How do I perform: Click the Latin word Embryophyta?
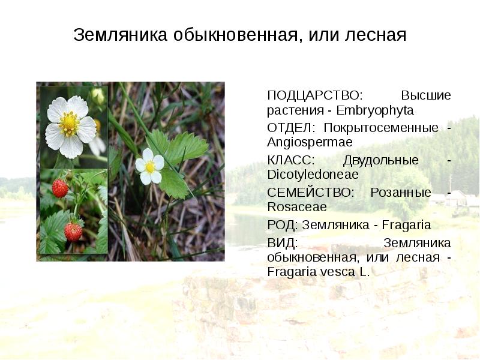[376, 111]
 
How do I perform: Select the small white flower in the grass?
[149, 166]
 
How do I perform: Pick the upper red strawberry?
[60, 188]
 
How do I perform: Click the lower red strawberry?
[73, 231]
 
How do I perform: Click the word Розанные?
[401, 193]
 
